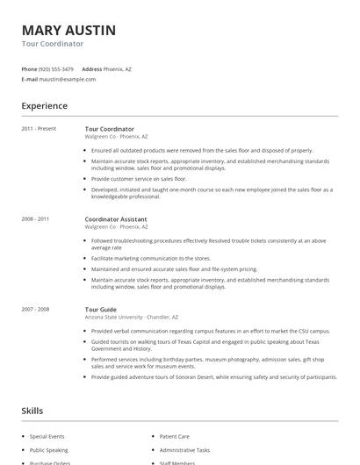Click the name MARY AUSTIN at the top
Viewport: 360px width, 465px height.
click(x=68, y=30)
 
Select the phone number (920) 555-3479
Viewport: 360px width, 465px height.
click(x=57, y=68)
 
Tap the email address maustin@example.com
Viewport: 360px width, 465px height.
click(x=68, y=79)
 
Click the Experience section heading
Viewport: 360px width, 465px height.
click(x=45, y=105)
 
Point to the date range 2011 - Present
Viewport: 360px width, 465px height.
click(x=39, y=129)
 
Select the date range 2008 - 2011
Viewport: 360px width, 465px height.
click(x=35, y=218)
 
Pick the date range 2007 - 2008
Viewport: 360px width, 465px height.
click(x=35, y=309)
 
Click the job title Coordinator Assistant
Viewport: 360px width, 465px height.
click(x=116, y=218)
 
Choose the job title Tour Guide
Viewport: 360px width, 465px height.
click(x=100, y=309)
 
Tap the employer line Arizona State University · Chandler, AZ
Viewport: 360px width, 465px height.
click(x=132, y=317)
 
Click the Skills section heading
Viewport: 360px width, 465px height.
click(x=33, y=410)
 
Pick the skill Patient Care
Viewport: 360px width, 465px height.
click(x=174, y=436)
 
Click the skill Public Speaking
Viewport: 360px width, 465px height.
click(x=48, y=449)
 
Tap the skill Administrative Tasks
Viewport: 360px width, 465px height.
click(x=184, y=449)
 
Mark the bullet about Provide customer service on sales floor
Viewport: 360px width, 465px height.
click(x=139, y=178)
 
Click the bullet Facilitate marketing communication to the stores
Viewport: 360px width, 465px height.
click(x=151, y=259)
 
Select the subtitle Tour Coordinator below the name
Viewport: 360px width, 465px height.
click(x=53, y=43)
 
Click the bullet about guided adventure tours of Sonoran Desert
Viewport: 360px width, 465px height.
click(x=213, y=377)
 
